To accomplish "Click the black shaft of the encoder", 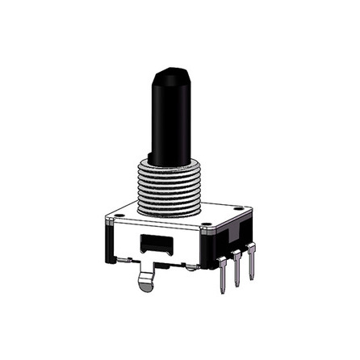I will click(172, 121).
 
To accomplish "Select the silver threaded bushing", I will click(170, 187).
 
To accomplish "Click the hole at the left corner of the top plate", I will click(119, 216).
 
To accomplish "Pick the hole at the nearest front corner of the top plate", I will click(207, 231).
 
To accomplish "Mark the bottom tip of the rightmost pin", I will click(253, 277).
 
